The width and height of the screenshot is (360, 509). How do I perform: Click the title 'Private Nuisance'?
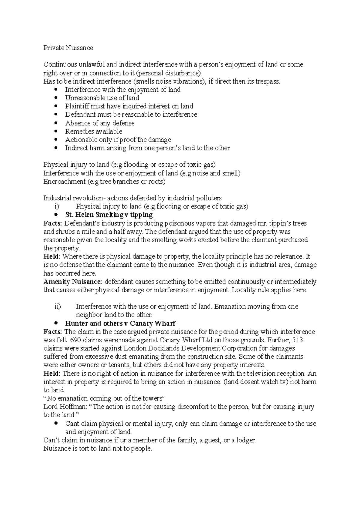[68, 48]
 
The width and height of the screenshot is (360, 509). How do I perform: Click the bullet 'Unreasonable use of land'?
[102, 98]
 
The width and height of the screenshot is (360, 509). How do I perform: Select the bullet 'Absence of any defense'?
[100, 123]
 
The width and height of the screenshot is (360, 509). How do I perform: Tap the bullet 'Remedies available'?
[94, 132]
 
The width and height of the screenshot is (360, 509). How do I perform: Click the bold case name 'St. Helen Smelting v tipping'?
[109, 215]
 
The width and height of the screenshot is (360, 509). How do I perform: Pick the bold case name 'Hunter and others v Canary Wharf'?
[120, 323]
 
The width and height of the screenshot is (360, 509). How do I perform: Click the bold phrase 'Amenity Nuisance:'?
[73, 282]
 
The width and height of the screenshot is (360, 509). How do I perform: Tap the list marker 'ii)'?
[58, 307]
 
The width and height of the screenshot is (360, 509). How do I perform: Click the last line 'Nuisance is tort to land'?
[98, 449]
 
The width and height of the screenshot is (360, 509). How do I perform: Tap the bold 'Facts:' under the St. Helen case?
[52, 223]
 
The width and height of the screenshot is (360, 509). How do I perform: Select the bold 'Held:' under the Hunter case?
[52, 374]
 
